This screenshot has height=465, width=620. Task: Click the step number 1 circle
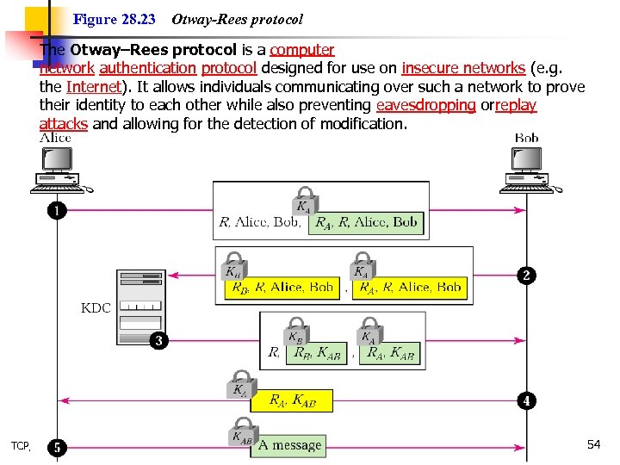point(57,211)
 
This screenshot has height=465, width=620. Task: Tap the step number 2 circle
point(526,276)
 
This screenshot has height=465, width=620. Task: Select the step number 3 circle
point(158,341)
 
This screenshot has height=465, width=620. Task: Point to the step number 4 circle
point(526,400)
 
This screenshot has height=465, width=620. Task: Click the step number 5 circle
point(57,447)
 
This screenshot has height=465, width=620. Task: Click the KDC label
point(96,307)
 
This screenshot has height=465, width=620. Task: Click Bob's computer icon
point(527,169)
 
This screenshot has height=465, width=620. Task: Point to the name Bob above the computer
point(526,138)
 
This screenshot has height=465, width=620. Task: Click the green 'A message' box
point(288,445)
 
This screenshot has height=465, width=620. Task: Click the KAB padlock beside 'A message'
point(242,434)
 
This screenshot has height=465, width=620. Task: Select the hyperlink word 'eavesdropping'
point(425,105)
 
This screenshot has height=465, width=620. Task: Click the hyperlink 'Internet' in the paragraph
point(91,87)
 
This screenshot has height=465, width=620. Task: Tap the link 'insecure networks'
point(462,68)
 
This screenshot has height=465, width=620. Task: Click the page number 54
point(593,444)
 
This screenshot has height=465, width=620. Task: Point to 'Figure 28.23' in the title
point(115,18)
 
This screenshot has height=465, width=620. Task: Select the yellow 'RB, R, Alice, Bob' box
point(281,288)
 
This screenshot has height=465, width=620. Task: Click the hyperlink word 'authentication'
point(147,68)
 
